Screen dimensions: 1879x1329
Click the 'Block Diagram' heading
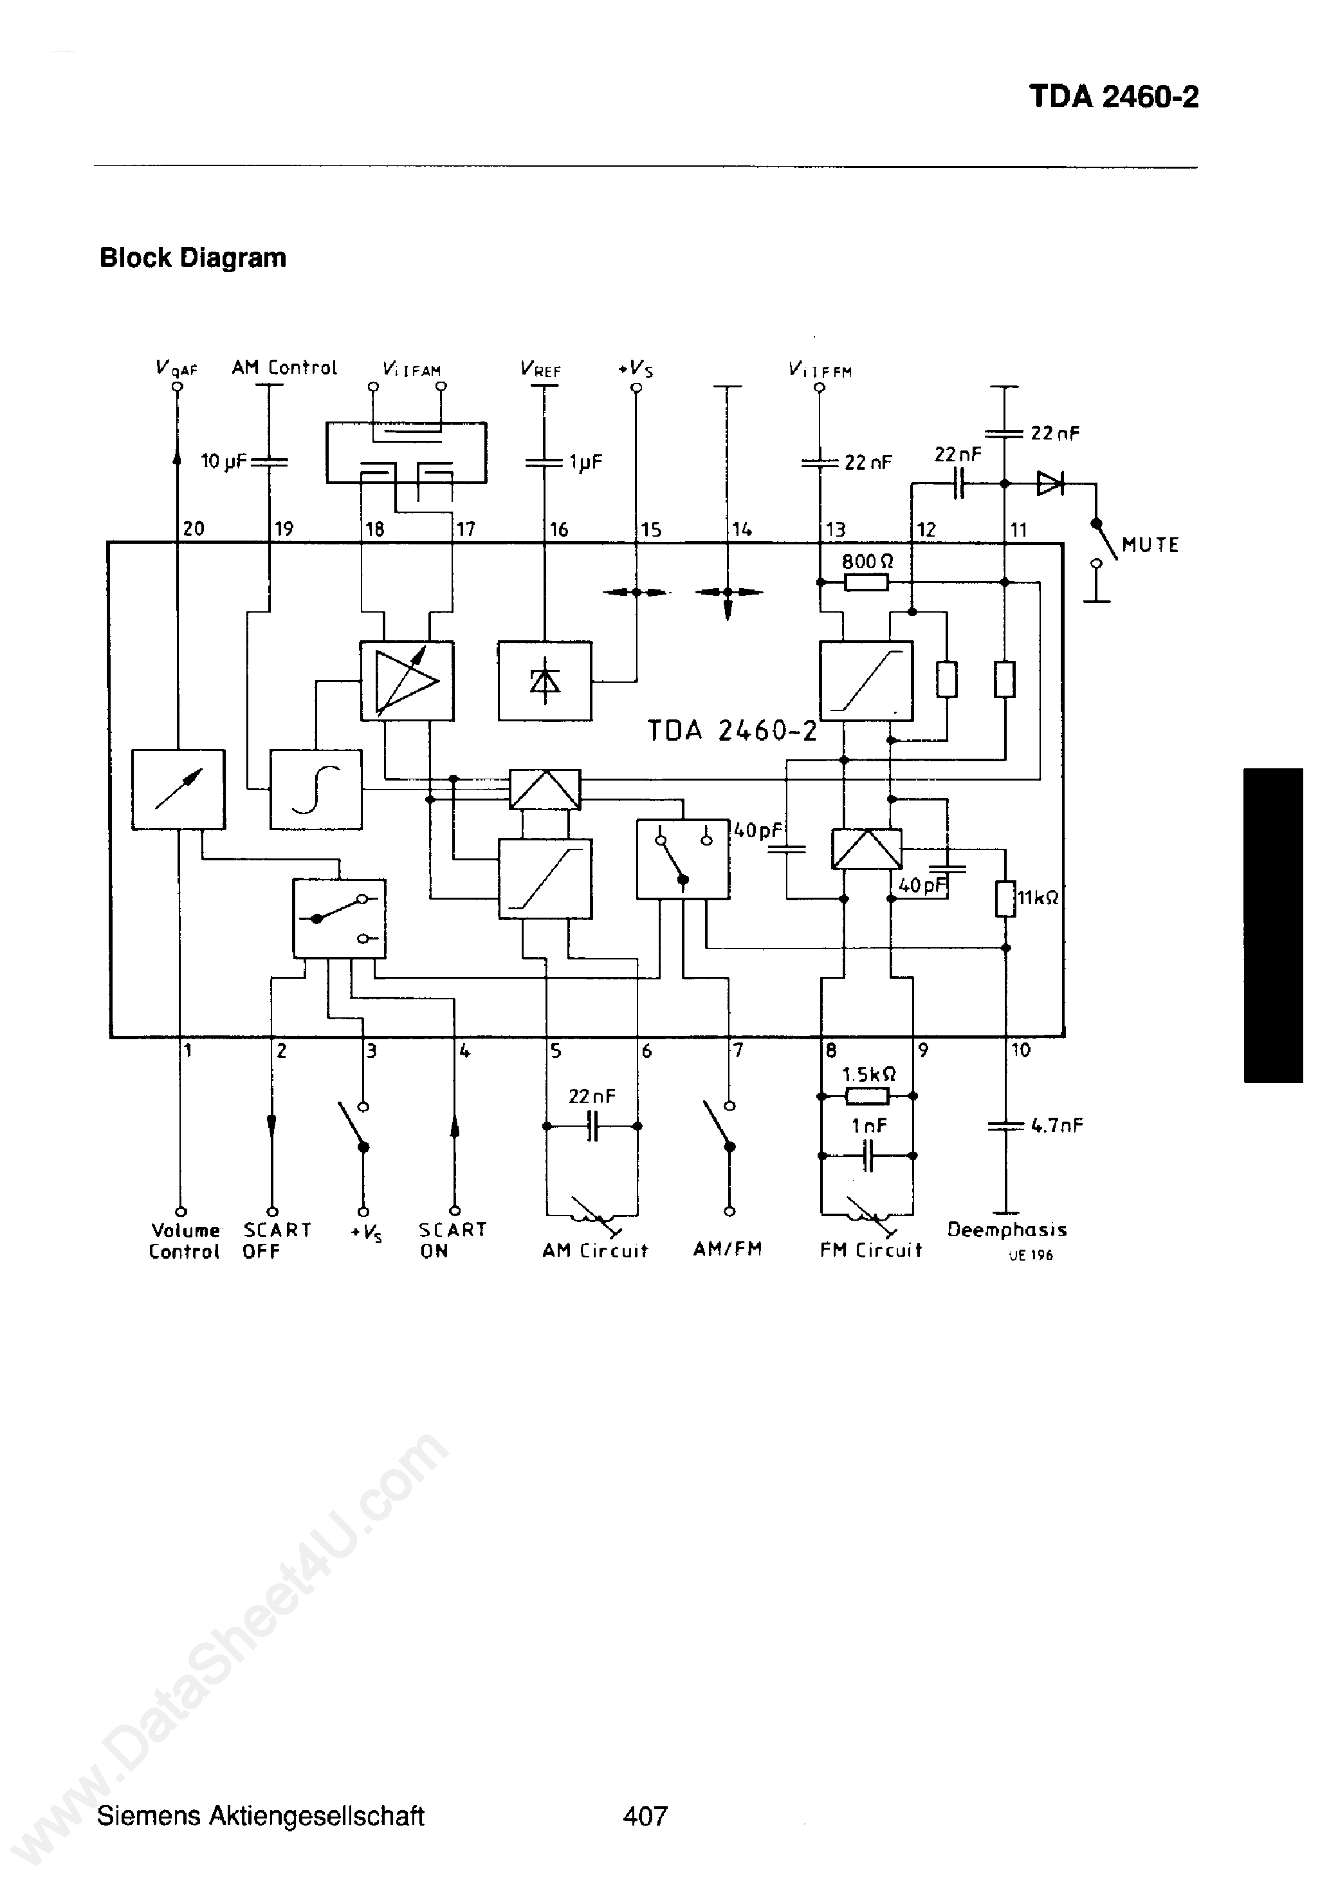192,258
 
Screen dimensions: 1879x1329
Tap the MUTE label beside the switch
1150,545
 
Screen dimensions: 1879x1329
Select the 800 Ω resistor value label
867,561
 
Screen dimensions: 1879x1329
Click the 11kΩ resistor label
1038,898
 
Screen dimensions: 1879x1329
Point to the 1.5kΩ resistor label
868,1074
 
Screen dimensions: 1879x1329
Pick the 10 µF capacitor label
223,461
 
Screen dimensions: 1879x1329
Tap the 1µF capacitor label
586,463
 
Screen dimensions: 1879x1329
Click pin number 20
193,529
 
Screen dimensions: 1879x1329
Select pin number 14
742,530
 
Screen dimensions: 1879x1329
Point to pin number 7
737,1051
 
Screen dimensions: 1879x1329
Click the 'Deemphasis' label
1007,1229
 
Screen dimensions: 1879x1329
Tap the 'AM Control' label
284,367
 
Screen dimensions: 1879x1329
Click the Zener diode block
544,681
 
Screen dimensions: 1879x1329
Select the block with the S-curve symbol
316,789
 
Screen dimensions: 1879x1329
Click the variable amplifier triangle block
407,681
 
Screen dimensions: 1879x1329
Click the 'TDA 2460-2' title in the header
1113,97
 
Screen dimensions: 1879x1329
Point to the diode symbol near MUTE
1049,484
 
